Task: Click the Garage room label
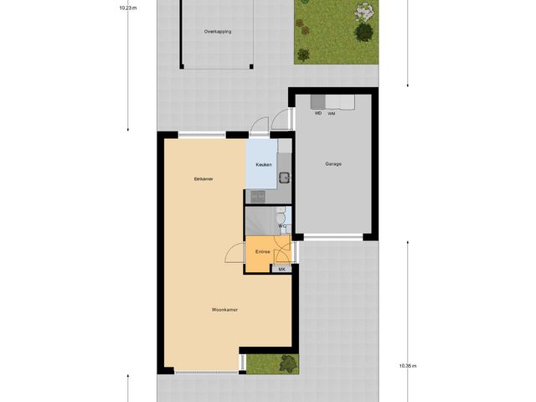pos(333,164)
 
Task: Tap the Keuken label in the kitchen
pos(264,165)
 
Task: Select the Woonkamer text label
pos(225,310)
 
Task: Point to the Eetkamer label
pos(203,178)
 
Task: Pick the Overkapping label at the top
pos(218,32)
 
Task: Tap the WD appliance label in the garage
pos(318,113)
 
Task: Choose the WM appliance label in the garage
pos(332,113)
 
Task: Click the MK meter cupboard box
pos(282,269)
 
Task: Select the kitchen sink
pos(285,177)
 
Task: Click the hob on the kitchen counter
pos(258,197)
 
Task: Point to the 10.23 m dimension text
pos(127,7)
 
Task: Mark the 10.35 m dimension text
pos(408,366)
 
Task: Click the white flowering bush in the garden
pos(363,13)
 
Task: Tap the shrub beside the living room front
pos(287,363)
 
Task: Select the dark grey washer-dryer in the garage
pos(319,102)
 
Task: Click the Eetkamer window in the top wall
pos(201,134)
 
